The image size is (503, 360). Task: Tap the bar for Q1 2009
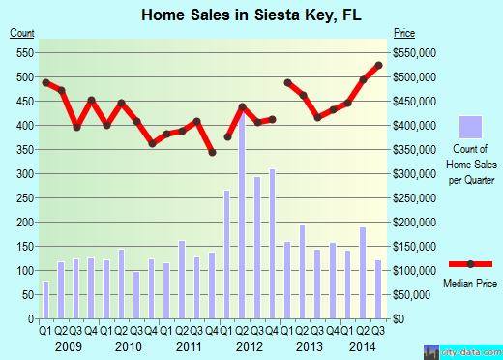point(45,299)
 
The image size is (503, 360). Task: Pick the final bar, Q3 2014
point(378,288)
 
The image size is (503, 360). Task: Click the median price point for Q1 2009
point(45,82)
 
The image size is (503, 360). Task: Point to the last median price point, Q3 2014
point(378,65)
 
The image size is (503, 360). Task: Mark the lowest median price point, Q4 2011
point(212,152)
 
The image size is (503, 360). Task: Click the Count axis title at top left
point(22,33)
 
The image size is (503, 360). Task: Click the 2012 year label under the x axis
point(250,346)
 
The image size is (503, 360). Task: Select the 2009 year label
point(68,346)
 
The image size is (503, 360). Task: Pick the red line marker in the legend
point(469,264)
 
